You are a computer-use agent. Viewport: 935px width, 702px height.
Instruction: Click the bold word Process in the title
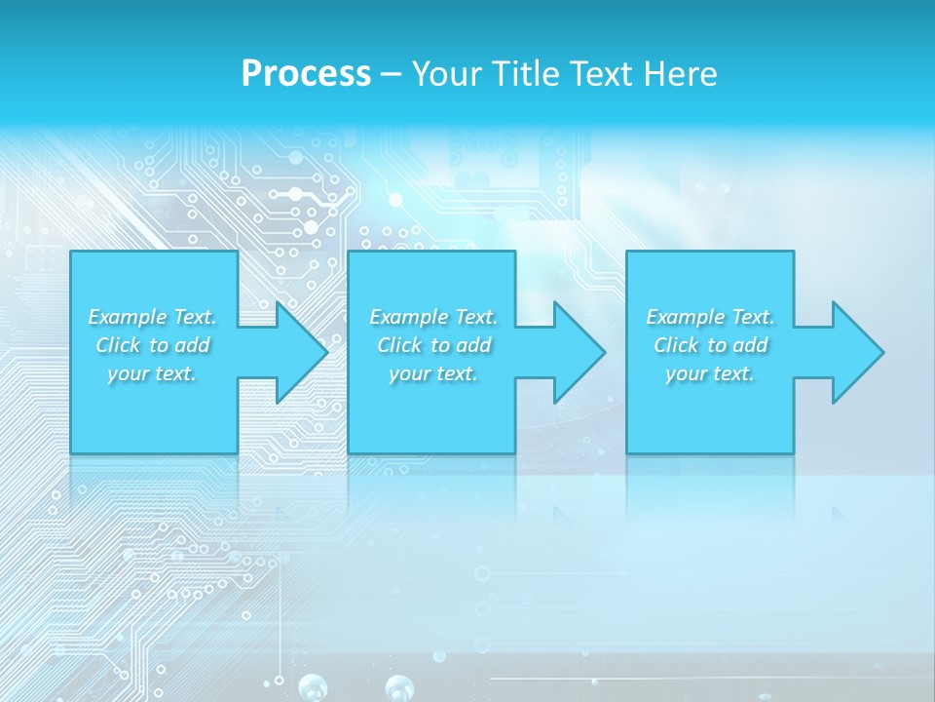[306, 74]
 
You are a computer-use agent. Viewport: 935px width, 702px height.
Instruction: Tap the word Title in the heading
[526, 74]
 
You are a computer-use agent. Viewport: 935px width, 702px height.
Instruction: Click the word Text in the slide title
[600, 74]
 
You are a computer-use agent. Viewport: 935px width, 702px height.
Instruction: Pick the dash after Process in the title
[391, 75]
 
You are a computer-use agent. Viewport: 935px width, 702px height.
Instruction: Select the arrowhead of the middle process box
[579, 352]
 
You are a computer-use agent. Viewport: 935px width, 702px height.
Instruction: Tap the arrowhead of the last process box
[857, 352]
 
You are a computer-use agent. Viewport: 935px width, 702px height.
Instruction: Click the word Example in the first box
[127, 317]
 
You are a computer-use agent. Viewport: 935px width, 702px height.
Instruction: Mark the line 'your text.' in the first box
[152, 373]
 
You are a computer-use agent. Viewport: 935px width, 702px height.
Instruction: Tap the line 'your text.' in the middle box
[432, 373]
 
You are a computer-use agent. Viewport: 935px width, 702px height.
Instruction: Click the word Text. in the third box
[751, 317]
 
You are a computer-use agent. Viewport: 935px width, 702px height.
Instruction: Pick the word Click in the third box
[676, 345]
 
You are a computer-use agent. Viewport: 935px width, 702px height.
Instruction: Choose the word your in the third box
[687, 373]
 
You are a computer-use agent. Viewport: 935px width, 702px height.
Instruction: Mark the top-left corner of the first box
[71, 252]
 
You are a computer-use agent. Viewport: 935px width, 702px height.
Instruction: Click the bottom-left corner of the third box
[627, 452]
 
